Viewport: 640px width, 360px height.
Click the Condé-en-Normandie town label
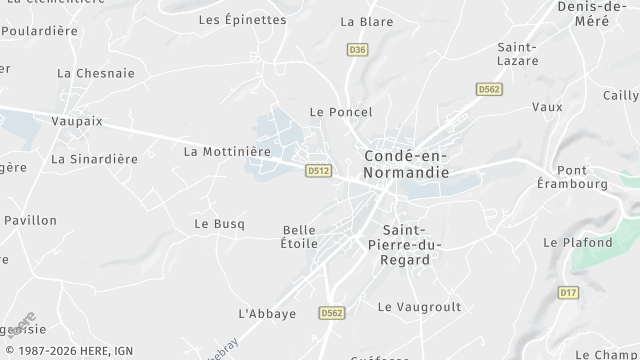(x=406, y=166)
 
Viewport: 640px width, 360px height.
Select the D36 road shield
(x=357, y=49)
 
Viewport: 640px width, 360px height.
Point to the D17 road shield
(x=568, y=293)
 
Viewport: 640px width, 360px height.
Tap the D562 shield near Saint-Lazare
(x=488, y=90)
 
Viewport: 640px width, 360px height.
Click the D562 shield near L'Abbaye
(x=333, y=313)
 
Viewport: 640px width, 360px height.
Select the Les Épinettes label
(x=242, y=19)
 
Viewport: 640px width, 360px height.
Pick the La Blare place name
(x=365, y=20)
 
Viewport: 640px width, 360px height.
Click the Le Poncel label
(x=341, y=112)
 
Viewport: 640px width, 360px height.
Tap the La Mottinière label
(x=227, y=152)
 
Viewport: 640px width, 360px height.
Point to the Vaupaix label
(x=77, y=120)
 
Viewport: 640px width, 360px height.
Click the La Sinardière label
(x=94, y=158)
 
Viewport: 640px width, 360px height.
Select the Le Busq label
(x=219, y=224)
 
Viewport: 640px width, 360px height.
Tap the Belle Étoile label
(x=299, y=236)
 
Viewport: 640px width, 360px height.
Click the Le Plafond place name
(x=577, y=242)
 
